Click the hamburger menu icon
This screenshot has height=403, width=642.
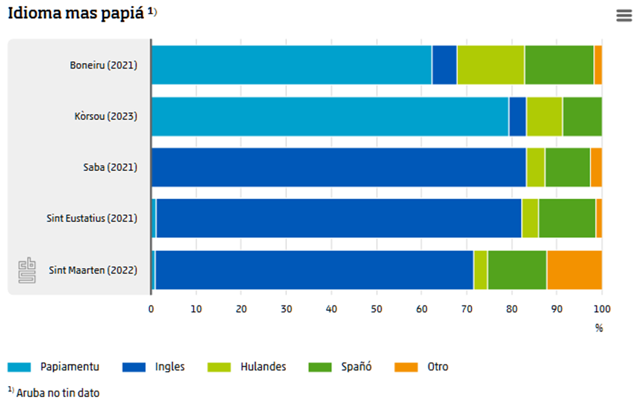(624, 16)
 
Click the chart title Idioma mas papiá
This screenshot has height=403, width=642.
(77, 14)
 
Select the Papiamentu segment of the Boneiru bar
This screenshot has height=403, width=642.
(291, 65)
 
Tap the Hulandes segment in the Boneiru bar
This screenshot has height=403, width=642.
(491, 65)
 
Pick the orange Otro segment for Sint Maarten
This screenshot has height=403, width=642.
(574, 270)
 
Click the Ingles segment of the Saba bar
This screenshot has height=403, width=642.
(338, 168)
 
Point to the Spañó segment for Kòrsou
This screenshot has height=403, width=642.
(582, 117)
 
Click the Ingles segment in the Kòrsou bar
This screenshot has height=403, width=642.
(518, 117)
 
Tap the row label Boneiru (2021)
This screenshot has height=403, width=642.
(103, 66)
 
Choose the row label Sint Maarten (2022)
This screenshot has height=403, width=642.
(93, 270)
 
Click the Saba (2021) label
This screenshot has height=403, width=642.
(105, 168)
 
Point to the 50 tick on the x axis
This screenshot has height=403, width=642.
(376, 309)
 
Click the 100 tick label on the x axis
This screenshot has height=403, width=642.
(602, 309)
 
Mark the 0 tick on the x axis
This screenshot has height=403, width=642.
(151, 309)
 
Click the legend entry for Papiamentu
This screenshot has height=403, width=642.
(71, 367)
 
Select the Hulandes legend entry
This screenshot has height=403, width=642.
(263, 367)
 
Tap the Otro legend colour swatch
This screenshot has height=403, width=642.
(406, 367)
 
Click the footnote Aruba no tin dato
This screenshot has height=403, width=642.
(58, 392)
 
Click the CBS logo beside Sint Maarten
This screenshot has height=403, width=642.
(27, 270)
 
